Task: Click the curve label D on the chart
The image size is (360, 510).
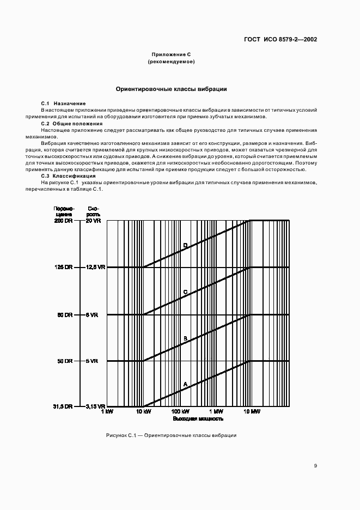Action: [185, 246]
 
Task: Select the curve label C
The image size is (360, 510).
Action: [185, 292]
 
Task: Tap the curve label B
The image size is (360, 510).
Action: [185, 338]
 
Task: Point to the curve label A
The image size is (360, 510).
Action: [185, 384]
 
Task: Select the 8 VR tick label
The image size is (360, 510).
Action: [92, 315]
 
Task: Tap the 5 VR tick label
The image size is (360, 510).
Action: [92, 361]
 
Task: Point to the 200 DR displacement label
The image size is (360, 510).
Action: [63, 221]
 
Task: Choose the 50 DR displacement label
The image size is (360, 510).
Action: [64, 361]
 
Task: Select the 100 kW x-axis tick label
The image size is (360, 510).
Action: [180, 412]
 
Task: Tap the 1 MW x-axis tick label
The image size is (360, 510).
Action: [216, 412]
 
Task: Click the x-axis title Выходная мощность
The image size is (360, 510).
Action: [198, 419]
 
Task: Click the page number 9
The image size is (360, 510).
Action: [315, 466]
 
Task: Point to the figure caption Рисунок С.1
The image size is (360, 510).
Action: [171, 436]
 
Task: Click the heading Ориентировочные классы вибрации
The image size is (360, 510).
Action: [171, 89]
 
